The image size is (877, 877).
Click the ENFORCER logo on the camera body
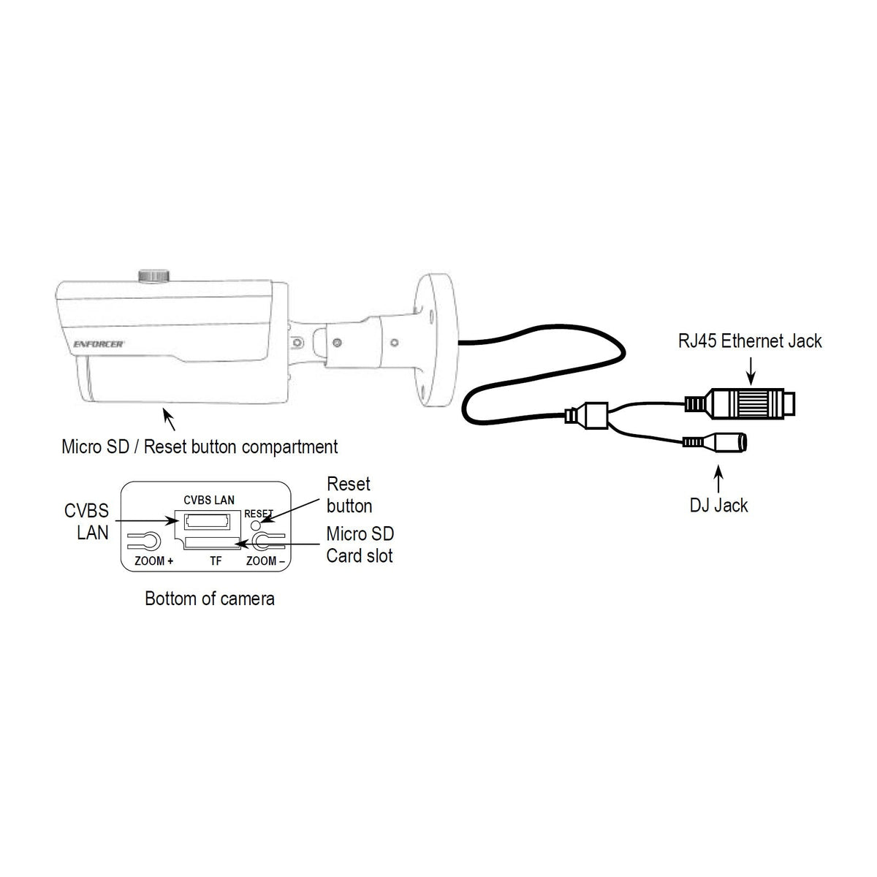tap(99, 344)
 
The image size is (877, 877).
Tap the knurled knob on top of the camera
tap(153, 276)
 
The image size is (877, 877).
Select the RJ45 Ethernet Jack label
tap(750, 341)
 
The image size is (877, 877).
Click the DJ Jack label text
tap(718, 505)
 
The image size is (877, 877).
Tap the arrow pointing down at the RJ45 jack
tap(751, 371)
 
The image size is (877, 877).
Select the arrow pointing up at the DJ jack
tap(718, 479)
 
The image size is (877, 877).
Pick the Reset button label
tap(349, 495)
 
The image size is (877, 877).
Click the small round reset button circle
tap(257, 525)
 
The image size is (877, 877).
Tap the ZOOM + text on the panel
tap(153, 561)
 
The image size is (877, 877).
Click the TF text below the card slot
tap(216, 561)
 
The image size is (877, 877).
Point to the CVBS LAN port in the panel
tap(207, 520)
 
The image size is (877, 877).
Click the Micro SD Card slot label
tap(360, 544)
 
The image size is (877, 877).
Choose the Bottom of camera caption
tap(209, 599)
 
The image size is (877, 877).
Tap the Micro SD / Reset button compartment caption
tap(200, 447)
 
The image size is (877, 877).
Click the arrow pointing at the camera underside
tap(169, 419)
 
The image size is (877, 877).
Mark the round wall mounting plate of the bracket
tap(436, 340)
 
